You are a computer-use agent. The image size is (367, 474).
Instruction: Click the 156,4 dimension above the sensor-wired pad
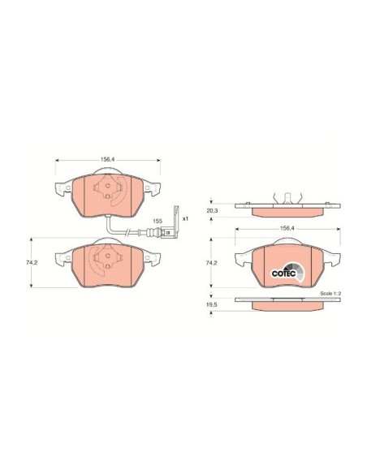[x=108, y=159]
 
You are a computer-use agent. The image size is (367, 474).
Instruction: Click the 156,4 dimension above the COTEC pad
[x=287, y=229]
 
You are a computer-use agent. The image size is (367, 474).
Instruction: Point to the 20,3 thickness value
[x=212, y=211]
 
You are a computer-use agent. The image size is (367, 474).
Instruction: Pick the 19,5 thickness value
[x=212, y=305]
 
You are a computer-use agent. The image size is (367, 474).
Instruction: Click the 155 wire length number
[x=158, y=221]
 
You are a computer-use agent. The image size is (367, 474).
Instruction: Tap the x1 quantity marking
[x=185, y=218]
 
